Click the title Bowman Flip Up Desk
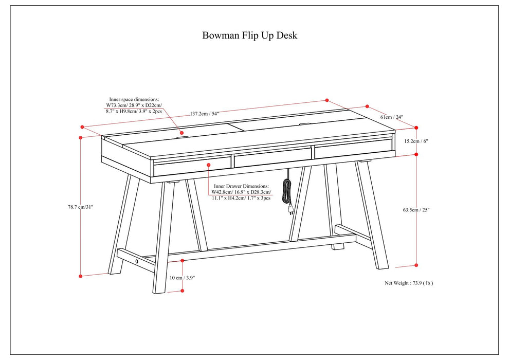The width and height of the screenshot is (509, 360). point(250,35)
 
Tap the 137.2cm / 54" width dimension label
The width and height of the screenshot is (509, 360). point(205,114)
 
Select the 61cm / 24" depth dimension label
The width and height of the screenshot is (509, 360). point(392,117)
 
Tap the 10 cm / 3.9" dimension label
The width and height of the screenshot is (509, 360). point(183,277)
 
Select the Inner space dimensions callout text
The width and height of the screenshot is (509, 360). point(134,105)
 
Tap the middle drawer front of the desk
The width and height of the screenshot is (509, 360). point(272,158)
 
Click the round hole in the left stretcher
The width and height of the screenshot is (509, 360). point(137,261)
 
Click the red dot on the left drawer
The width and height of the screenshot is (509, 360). point(209,165)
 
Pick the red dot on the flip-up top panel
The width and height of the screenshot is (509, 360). point(181,133)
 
